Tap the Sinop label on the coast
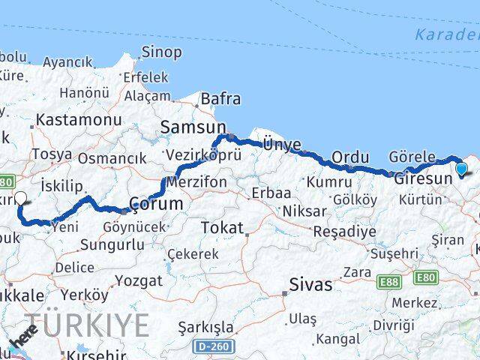coord(161,52)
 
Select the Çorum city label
coord(156,203)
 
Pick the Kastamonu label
coord(79,120)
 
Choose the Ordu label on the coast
coord(350,157)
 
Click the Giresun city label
coord(423,178)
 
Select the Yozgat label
coord(139,281)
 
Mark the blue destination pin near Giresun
coord(461,169)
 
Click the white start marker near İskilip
coord(20,199)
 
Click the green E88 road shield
coord(389,281)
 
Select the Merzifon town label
coord(196,182)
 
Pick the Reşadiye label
coord(345,231)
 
